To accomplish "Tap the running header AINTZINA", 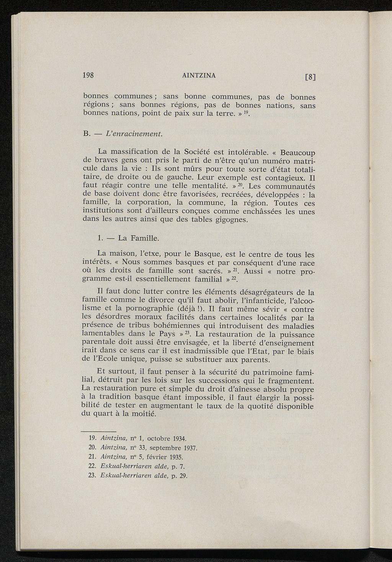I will pos(199,75).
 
